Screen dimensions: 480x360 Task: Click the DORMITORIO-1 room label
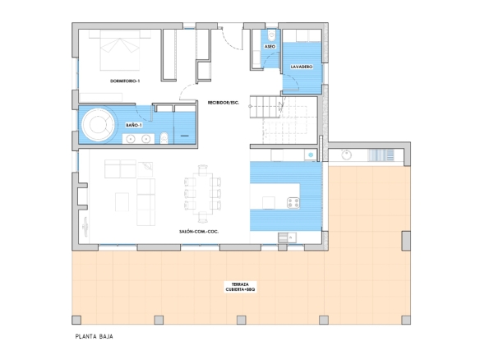[125, 81]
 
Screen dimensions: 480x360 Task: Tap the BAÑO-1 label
[134, 125]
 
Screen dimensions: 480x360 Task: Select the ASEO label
[270, 47]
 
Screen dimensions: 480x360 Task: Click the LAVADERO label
[302, 67]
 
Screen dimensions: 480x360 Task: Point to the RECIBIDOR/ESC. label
[224, 103]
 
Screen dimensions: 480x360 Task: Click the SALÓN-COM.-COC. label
[199, 232]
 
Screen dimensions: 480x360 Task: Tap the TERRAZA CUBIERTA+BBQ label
[240, 287]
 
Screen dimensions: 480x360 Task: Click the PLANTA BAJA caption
[95, 336]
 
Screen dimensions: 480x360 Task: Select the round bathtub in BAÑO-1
[98, 124]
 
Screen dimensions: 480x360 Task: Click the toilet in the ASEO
[271, 35]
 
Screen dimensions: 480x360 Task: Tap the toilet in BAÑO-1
[164, 138]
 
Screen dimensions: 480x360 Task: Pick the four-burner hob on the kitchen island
[293, 203]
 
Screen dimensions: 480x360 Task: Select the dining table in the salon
[203, 194]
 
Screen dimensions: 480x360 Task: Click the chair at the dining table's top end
[203, 170]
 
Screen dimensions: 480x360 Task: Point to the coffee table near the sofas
[122, 201]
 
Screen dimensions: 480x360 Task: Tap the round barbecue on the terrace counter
[347, 155]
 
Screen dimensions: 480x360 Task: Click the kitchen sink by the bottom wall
[287, 238]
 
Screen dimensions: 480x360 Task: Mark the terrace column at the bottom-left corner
[76, 320]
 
